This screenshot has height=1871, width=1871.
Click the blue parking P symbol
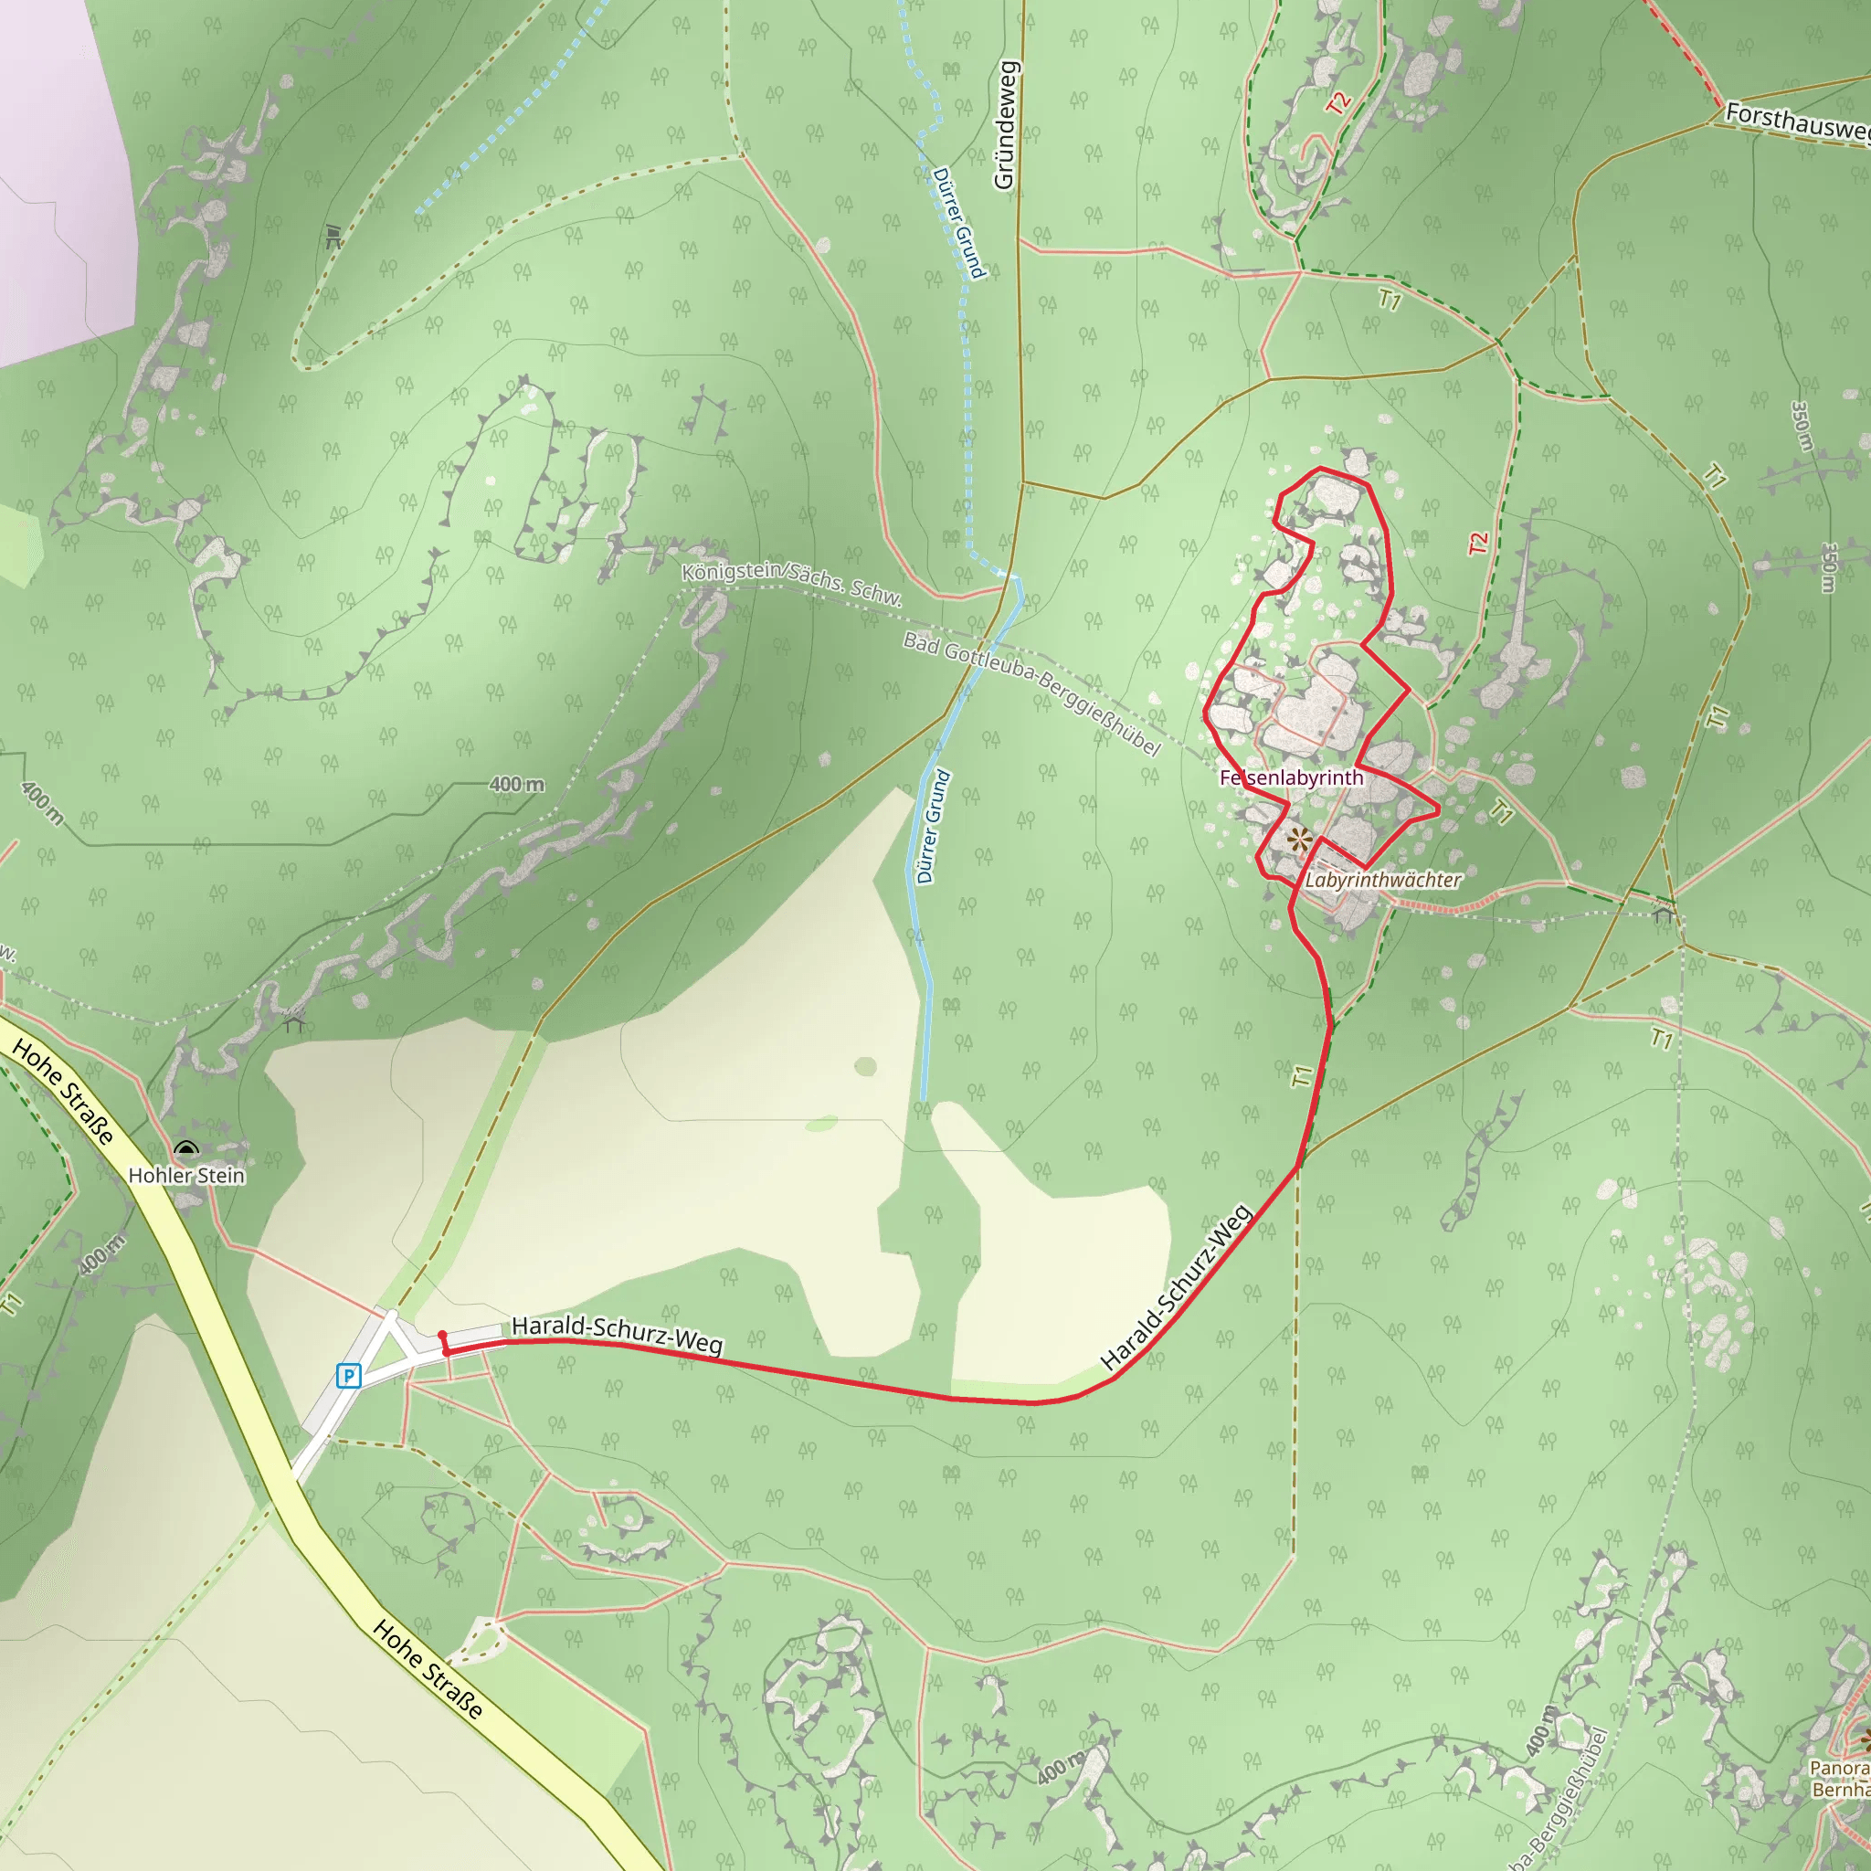tap(349, 1375)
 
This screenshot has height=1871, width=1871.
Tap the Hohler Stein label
tap(187, 1176)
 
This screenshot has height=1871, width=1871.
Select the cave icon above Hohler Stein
tap(186, 1149)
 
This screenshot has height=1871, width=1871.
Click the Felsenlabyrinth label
tap(1291, 777)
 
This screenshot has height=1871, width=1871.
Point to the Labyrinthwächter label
tap(1382, 881)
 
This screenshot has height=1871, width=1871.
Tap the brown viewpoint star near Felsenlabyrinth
tap(1300, 839)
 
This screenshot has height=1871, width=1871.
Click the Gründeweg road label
tap(1005, 125)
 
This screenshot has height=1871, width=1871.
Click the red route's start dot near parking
tap(442, 1335)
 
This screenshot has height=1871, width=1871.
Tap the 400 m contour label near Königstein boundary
tap(516, 785)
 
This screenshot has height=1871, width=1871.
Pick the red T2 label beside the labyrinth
tap(1477, 544)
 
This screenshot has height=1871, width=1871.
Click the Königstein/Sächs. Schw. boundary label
tap(791, 583)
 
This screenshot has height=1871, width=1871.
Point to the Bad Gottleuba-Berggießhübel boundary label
tap(1031, 692)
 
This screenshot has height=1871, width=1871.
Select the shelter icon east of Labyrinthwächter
tap(1664, 913)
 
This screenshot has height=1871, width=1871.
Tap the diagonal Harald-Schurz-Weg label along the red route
tap(1177, 1287)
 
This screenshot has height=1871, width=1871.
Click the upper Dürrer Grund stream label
tap(957, 223)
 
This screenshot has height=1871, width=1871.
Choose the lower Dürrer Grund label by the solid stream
tap(934, 826)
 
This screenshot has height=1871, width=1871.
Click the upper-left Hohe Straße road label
tap(63, 1091)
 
